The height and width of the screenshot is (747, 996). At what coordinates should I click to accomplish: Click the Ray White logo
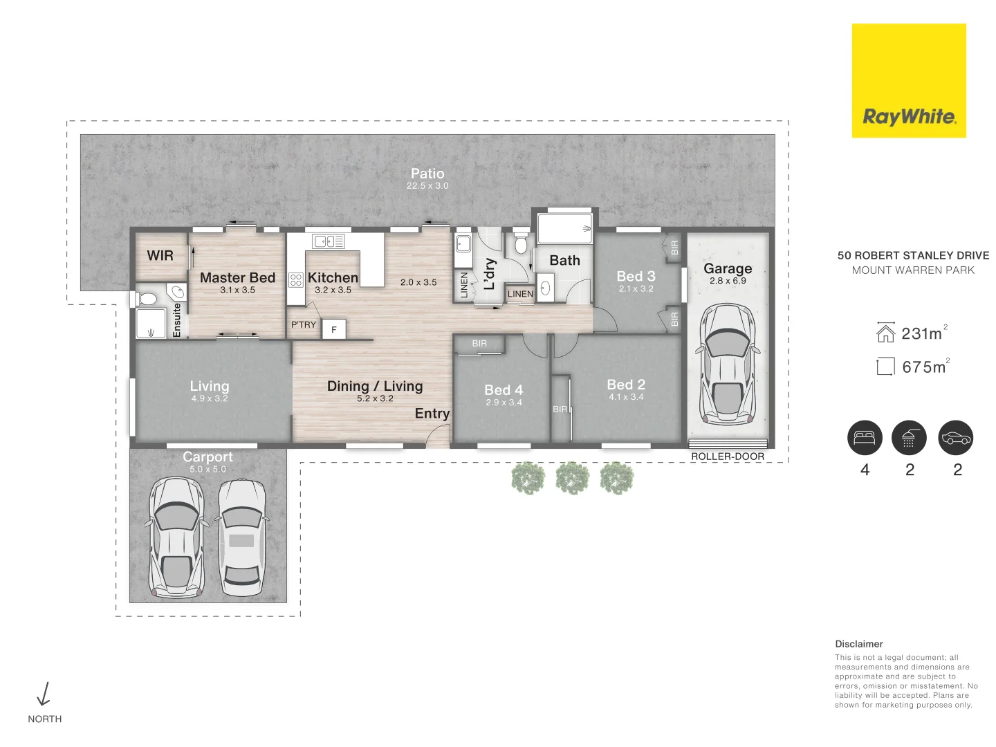(x=908, y=81)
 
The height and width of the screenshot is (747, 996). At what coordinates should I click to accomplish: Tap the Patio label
(x=427, y=174)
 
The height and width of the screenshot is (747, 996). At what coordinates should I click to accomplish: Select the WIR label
(x=160, y=255)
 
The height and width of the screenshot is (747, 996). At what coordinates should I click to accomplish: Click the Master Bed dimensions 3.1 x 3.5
(x=237, y=290)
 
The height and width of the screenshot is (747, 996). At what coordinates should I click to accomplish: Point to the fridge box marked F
(x=333, y=330)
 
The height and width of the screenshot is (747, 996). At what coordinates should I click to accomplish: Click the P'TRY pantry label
(x=304, y=324)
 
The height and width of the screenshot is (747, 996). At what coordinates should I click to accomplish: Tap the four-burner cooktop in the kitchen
(x=296, y=279)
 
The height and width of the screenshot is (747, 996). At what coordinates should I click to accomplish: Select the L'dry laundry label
(x=490, y=274)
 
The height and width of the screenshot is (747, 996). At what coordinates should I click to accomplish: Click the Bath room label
(x=564, y=260)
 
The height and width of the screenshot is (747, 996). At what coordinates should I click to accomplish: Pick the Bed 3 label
(x=636, y=276)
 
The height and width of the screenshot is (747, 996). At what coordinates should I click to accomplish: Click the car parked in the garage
(x=728, y=364)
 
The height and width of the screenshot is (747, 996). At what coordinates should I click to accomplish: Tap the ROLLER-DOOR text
(x=728, y=456)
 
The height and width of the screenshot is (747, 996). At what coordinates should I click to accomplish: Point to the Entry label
(x=432, y=413)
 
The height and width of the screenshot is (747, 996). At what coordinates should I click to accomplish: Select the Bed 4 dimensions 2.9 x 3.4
(x=504, y=403)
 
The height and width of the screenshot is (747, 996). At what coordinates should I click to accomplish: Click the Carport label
(x=207, y=456)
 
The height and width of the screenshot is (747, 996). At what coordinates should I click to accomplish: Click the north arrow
(x=44, y=694)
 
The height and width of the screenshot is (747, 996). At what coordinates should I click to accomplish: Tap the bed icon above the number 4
(x=865, y=438)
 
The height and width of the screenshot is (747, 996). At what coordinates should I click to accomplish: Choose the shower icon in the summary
(x=909, y=438)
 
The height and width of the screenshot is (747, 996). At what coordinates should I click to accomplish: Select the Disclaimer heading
(x=858, y=643)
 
